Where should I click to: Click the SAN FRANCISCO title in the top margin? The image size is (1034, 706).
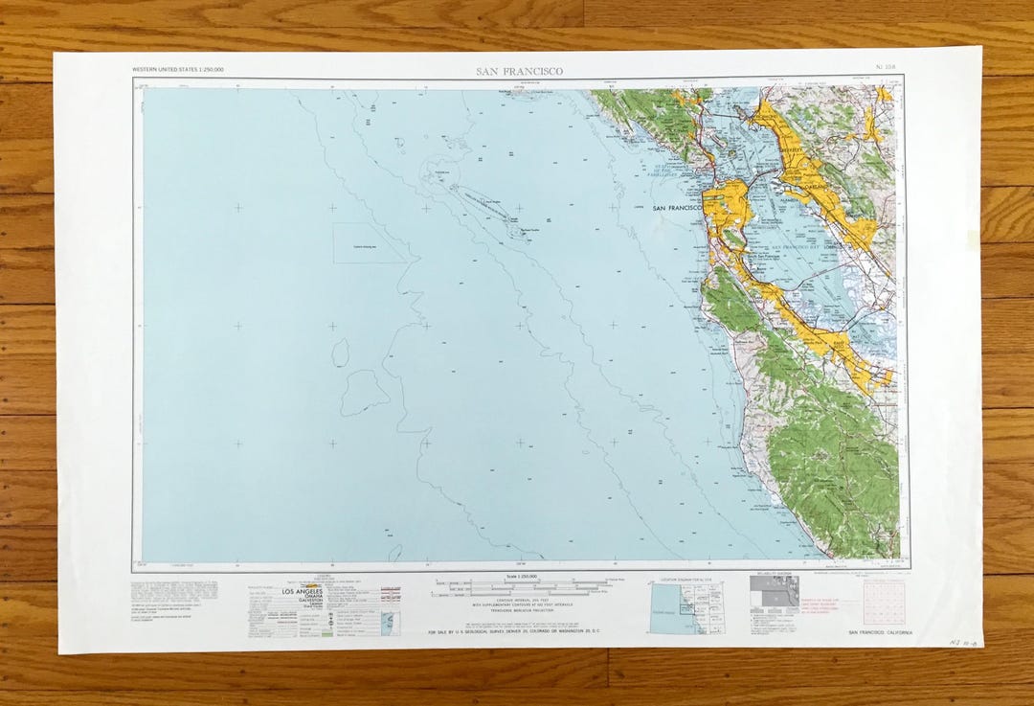tap(519, 71)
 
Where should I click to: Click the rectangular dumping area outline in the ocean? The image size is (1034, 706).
tap(370, 243)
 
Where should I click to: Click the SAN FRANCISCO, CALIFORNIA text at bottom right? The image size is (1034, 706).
tap(880, 633)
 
